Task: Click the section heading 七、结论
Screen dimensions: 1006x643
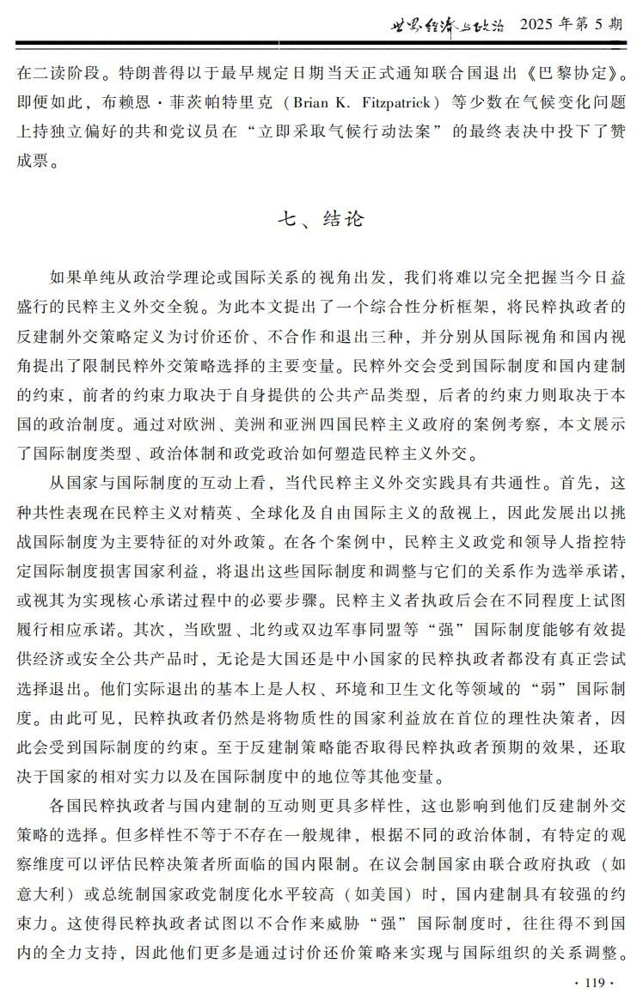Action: [321, 218]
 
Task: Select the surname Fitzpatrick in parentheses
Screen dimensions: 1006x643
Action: [396, 102]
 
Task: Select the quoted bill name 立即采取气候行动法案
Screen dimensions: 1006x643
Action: [399, 131]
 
